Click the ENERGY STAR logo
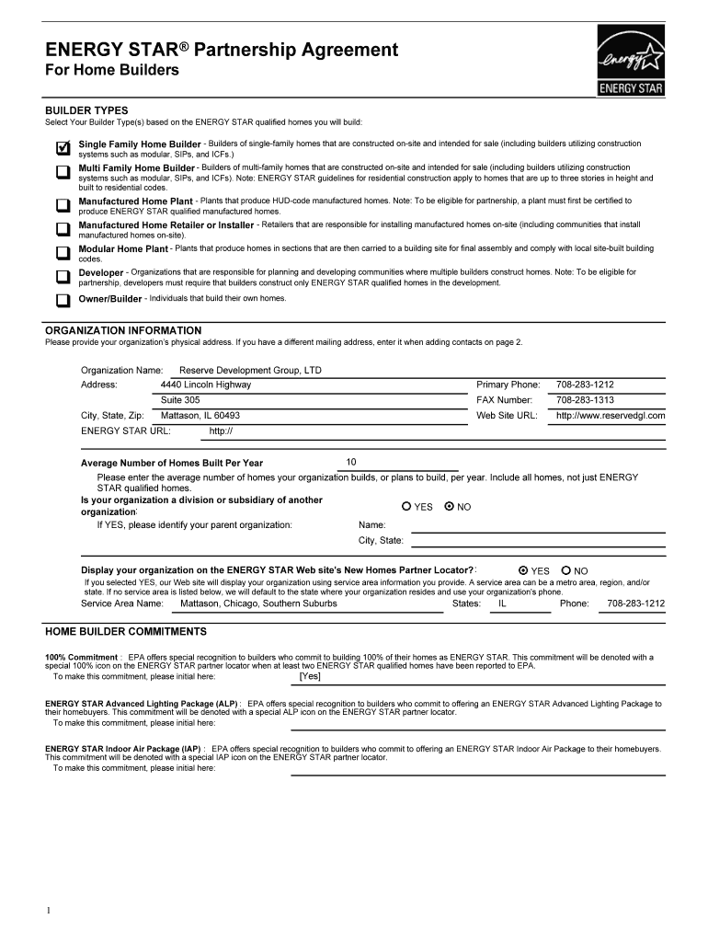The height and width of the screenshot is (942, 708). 630,61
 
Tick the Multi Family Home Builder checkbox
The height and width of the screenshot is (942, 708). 63,172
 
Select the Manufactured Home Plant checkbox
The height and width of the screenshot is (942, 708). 63,204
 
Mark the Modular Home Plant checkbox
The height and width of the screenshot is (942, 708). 63,252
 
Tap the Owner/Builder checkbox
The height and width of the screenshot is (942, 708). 63,300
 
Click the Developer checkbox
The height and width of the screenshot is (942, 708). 63,276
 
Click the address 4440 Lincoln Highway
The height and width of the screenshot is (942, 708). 206,385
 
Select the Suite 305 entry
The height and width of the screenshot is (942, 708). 180,400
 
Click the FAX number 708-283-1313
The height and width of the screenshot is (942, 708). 585,400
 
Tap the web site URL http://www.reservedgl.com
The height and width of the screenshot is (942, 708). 611,416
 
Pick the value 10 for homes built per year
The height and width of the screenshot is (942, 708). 351,462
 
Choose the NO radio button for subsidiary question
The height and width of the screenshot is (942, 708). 450,506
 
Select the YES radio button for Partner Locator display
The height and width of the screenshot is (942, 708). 523,570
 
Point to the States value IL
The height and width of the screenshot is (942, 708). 502,603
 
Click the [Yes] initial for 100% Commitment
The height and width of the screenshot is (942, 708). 310,676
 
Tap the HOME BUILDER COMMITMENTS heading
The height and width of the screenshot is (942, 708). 126,632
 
